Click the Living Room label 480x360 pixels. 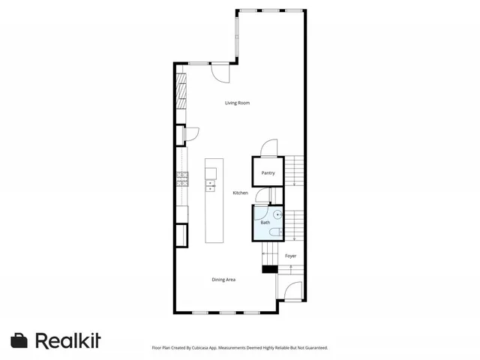click(237, 103)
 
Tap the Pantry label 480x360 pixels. click(268, 173)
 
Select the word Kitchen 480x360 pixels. click(240, 193)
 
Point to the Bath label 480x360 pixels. click(265, 223)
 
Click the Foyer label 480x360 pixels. click(290, 256)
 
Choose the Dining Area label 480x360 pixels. click(223, 280)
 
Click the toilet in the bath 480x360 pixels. click(277, 232)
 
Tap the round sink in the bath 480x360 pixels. click(277, 214)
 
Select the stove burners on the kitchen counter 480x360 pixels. click(182, 178)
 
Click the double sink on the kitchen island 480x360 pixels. click(210, 185)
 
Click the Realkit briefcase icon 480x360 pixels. click(19, 340)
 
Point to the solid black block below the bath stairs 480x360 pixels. click(269, 268)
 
